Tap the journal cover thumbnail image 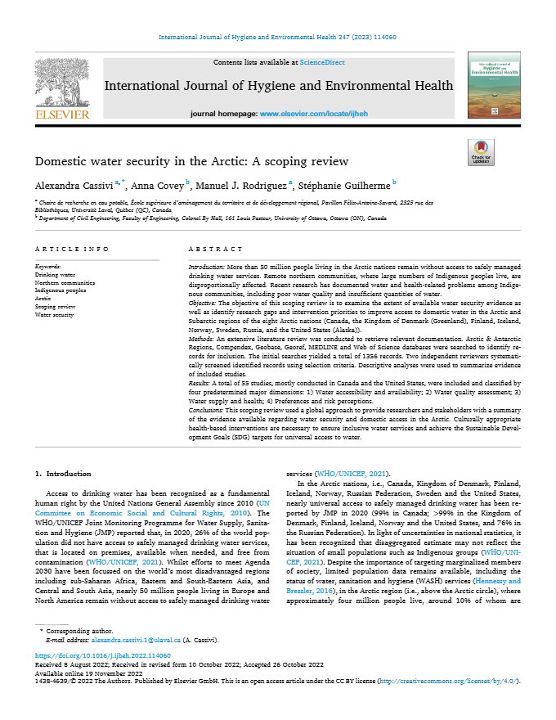(493, 86)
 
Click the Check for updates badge (481, 152)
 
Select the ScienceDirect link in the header (323, 63)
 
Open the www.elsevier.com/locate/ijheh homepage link (307, 115)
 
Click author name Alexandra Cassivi (74, 184)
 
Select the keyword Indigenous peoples (61, 290)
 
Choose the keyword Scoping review (56, 306)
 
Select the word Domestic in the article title (64, 161)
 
